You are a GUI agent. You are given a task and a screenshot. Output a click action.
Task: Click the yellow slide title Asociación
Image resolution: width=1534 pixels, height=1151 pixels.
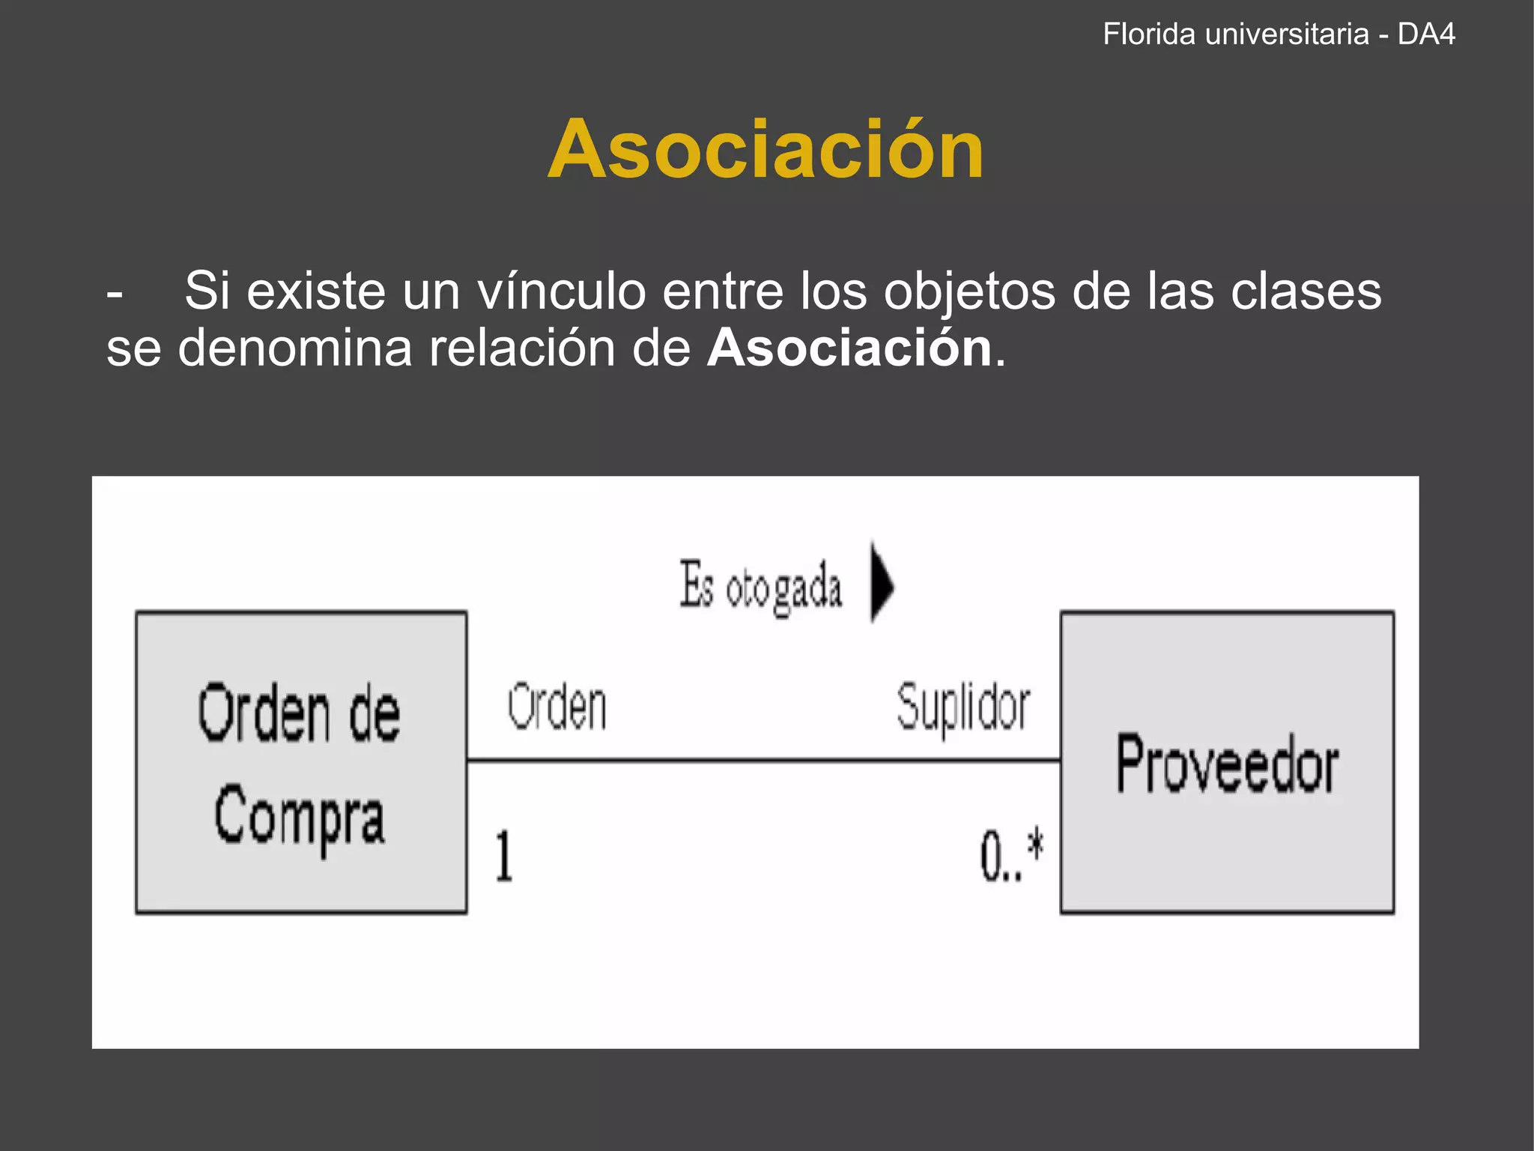pyautogui.click(x=766, y=150)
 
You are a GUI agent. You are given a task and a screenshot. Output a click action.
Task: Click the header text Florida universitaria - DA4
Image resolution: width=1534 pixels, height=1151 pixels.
pyautogui.click(x=1279, y=34)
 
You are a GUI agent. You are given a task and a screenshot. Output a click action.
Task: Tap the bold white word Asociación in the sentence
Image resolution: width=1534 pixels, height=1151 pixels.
pyautogui.click(x=849, y=348)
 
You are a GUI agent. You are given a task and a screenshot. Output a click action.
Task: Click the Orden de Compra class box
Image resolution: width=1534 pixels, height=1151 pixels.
pyautogui.click(x=301, y=762)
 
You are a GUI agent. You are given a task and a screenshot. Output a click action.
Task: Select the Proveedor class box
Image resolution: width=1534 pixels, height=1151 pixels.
pyautogui.click(x=1227, y=762)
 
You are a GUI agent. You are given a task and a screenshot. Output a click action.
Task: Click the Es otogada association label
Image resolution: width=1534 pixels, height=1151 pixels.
pyautogui.click(x=761, y=587)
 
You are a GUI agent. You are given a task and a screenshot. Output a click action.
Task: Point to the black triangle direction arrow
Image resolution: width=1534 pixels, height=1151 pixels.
pyautogui.click(x=881, y=581)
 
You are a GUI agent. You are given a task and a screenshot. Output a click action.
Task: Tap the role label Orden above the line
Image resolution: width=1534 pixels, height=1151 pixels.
pyautogui.click(x=557, y=707)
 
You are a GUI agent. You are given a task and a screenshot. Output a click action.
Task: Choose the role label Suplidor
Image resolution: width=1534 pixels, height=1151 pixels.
pyautogui.click(x=963, y=708)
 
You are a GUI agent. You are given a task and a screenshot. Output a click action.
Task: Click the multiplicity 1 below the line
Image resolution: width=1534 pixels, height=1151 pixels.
pyautogui.click(x=504, y=856)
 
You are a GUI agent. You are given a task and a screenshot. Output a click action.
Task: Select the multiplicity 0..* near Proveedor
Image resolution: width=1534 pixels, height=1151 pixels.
pyautogui.click(x=1011, y=856)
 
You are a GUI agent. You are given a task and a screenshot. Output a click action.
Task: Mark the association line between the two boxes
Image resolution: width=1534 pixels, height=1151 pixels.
pyautogui.click(x=764, y=761)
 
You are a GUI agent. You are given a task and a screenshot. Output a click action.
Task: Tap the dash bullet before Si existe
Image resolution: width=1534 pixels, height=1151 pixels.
pyautogui.click(x=115, y=292)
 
